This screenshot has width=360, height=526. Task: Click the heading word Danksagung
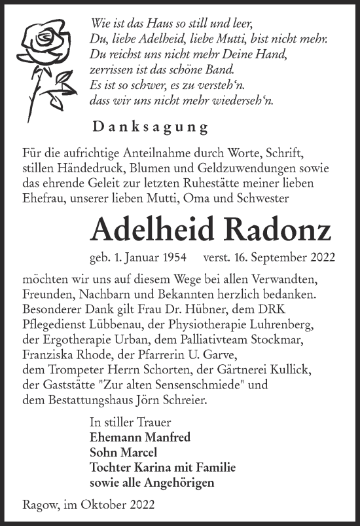click(141, 127)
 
